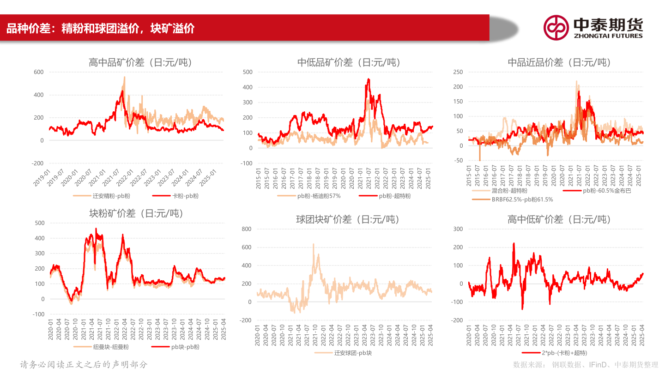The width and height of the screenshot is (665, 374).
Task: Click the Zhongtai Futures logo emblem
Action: [x=556, y=27]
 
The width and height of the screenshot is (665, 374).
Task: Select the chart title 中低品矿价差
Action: [x=349, y=62]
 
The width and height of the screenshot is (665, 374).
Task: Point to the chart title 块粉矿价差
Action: [x=136, y=213]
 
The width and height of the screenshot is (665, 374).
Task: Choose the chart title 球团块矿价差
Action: [x=348, y=219]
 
